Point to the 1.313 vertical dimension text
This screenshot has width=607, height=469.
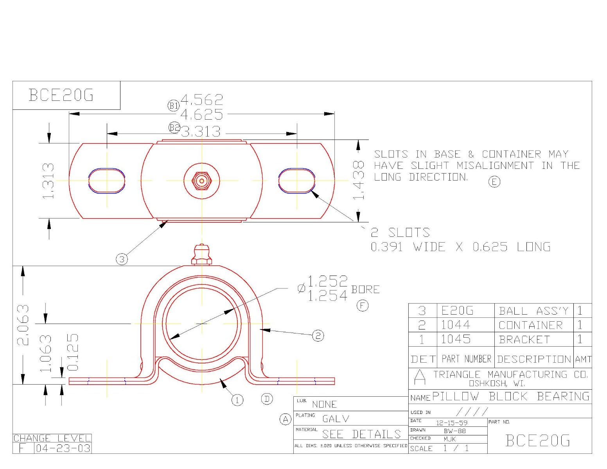point(48,181)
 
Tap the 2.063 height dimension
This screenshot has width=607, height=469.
point(23,325)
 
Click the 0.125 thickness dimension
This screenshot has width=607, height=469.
point(73,352)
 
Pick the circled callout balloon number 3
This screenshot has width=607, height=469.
point(122,259)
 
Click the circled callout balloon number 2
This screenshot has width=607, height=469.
point(318,335)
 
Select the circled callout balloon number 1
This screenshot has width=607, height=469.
point(237,400)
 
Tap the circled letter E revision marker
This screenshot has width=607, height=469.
point(494,182)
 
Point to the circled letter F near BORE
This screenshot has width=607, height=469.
point(363,306)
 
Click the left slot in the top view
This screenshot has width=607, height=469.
point(107,181)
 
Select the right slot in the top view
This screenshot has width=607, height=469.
point(296,181)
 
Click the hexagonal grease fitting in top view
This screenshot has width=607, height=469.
point(202,181)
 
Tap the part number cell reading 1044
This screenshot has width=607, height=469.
point(456,325)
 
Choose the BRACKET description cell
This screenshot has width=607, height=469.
point(524,340)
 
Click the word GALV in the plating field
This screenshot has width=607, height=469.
point(336,419)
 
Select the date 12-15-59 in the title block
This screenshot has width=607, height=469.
point(452,423)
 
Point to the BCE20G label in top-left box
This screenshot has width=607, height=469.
point(61,95)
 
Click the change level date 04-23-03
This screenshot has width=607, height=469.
point(63,448)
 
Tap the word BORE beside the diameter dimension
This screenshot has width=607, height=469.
point(365,290)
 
